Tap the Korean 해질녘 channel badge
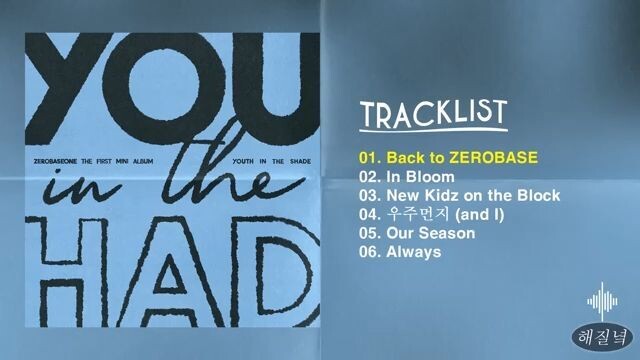pos(601,336)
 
